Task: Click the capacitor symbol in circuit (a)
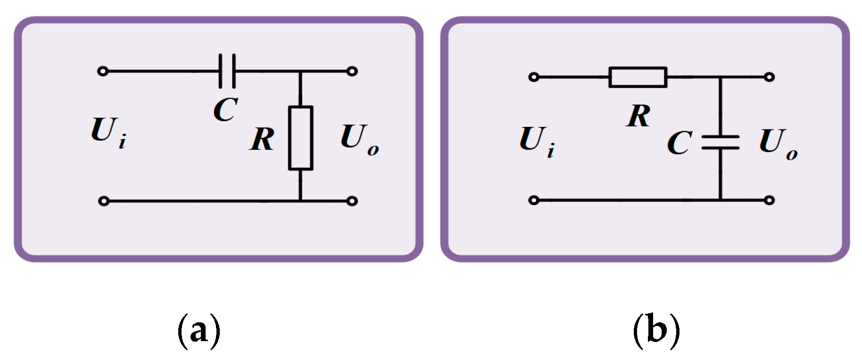coord(227,71)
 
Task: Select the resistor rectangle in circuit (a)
coord(300,138)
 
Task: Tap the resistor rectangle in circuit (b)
coord(638,77)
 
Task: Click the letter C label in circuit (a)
coord(226,109)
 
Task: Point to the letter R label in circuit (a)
coord(262,139)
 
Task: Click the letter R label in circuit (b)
coord(638,116)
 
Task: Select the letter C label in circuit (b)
coord(680,143)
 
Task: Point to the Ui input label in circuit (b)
coord(537,140)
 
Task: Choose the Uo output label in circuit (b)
coord(778,143)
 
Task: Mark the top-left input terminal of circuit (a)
coord(103,71)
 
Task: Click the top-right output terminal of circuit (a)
coord(352,71)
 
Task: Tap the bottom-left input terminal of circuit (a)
coord(104,201)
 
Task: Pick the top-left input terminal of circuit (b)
coord(534,77)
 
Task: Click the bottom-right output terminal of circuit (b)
coord(769,200)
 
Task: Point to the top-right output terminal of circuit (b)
coord(769,77)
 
